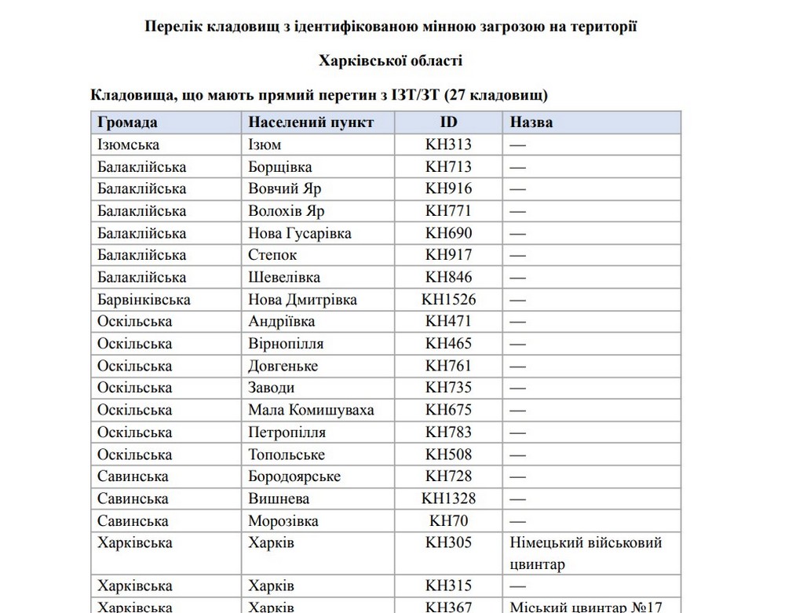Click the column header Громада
127,122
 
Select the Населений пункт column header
311,122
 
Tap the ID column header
448,122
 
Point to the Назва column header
531,122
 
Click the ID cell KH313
448,144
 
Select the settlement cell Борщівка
279,166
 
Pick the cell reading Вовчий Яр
284,188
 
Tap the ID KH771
448,210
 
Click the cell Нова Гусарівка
299,233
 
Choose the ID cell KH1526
448,299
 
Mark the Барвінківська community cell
144,299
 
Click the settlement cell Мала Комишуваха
311,410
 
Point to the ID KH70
448,520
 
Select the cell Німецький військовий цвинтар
586,553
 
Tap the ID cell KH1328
448,498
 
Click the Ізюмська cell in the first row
128,144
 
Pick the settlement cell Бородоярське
294,476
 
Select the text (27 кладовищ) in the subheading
496,96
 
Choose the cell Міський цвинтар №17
586,607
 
